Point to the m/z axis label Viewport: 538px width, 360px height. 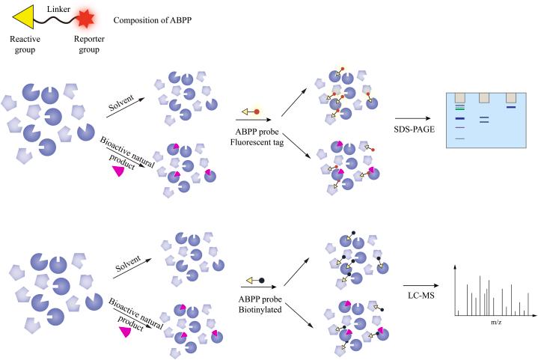[x=496, y=321]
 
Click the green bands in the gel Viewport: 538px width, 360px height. [x=458, y=108]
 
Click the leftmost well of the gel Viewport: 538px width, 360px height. [x=458, y=98]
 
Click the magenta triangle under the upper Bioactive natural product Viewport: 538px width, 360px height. [x=117, y=171]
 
